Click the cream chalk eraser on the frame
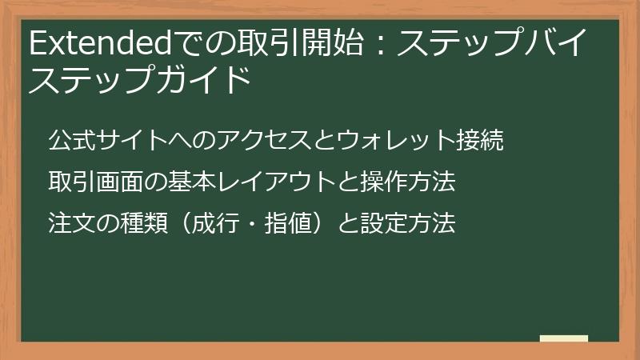coord(564,338)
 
